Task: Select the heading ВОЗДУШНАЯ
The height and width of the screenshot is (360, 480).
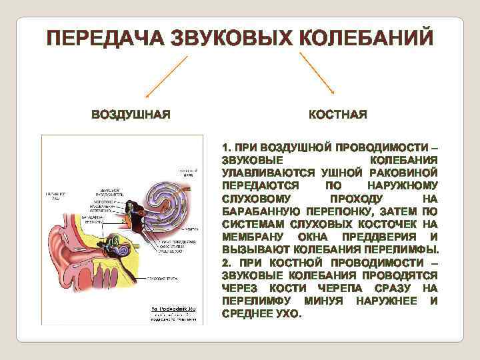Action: click(x=131, y=115)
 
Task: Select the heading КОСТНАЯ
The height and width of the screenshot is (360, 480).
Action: click(x=337, y=115)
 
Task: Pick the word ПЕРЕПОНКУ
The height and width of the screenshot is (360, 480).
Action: click(x=327, y=211)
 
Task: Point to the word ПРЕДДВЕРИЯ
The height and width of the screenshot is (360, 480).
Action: click(x=383, y=237)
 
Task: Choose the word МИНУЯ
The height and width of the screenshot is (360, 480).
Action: click(x=326, y=301)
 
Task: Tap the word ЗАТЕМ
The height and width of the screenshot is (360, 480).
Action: click(x=387, y=211)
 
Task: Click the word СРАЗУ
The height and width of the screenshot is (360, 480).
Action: click(x=390, y=288)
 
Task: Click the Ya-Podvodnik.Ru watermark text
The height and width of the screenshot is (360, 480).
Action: click(x=173, y=310)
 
